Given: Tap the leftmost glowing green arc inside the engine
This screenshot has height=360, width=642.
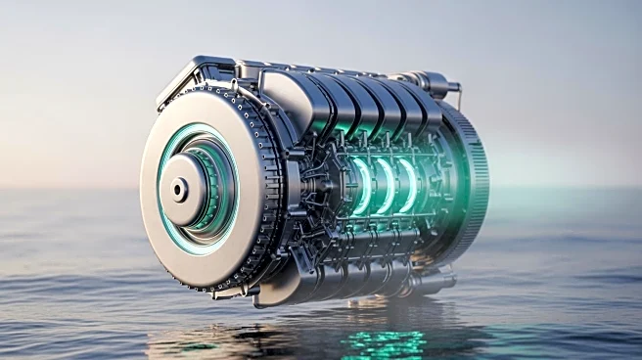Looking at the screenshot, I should pyautogui.click(x=361, y=186).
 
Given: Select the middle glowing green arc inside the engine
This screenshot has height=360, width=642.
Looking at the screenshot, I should pyautogui.click(x=384, y=186).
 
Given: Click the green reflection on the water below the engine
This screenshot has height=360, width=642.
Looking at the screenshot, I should pyautogui.click(x=387, y=341).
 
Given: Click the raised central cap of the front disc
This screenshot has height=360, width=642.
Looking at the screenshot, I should pyautogui.click(x=186, y=188).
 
